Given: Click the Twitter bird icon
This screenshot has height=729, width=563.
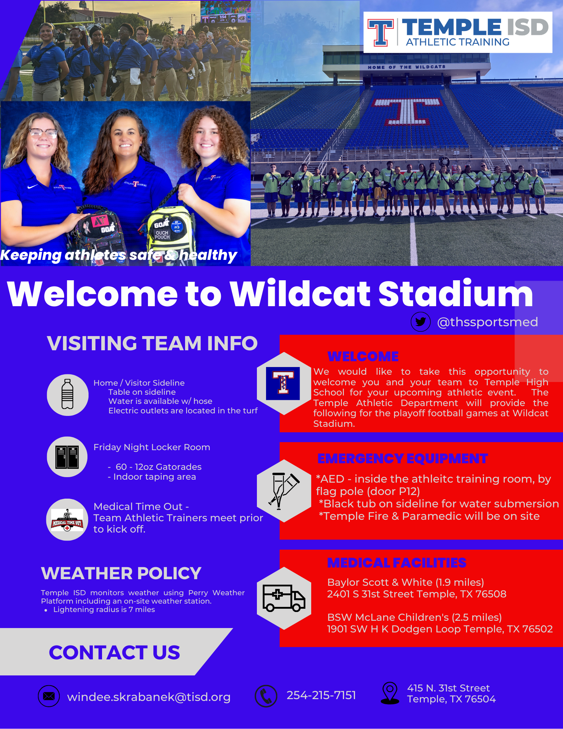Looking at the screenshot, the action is (421, 322).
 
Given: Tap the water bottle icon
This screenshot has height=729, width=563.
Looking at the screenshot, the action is (67, 394).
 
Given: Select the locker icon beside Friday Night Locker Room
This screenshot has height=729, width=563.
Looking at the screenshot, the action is (67, 457).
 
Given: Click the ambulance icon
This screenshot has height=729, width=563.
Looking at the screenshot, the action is (284, 598).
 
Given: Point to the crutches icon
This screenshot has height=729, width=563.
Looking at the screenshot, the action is (284, 490).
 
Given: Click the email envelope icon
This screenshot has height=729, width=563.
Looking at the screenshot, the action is (49, 696).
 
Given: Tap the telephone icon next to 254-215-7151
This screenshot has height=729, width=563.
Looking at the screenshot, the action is (266, 696).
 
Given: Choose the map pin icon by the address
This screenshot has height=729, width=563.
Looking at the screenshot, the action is (390, 693).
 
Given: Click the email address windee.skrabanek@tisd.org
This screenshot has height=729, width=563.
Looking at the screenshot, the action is (149, 697).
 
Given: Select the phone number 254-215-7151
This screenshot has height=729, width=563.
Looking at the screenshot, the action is (321, 695).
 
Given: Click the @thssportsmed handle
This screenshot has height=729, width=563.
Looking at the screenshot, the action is (488, 322).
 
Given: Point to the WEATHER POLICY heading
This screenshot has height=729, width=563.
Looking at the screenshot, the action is (121, 573).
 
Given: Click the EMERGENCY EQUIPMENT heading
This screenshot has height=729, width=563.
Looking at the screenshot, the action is (403, 459).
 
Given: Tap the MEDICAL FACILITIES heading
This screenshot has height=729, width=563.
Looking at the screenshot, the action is (397, 563).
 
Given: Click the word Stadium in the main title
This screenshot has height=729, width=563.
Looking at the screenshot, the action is (456, 294).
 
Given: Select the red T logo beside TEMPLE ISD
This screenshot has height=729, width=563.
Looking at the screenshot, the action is (381, 32).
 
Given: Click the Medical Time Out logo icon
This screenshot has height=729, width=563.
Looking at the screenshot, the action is (67, 520).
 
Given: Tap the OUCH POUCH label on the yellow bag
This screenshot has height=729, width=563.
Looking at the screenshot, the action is (162, 235).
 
